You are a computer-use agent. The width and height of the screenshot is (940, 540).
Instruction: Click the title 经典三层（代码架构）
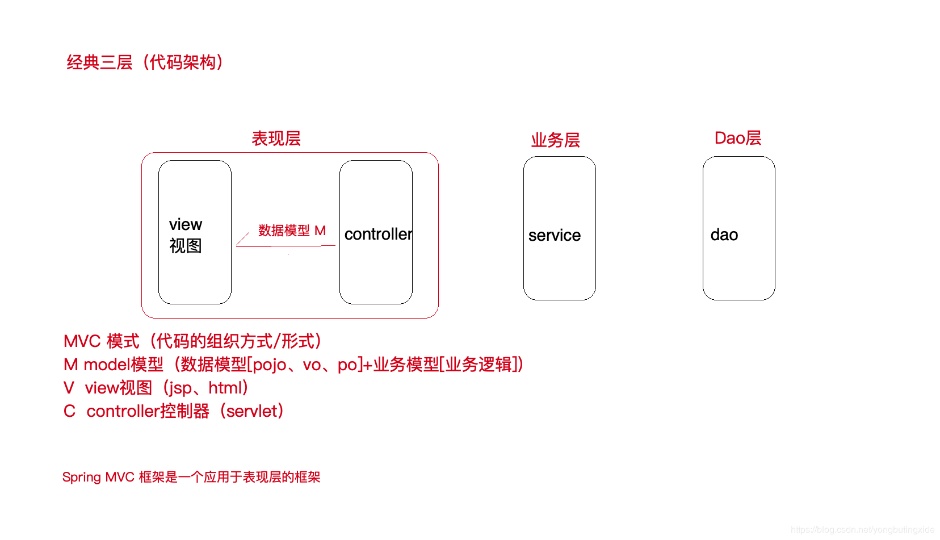click(146, 62)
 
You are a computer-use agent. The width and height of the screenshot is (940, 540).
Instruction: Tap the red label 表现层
click(276, 139)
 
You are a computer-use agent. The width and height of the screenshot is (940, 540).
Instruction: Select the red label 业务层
click(555, 140)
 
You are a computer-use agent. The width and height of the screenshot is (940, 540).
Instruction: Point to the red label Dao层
click(737, 138)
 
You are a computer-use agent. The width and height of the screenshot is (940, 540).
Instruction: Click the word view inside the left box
click(186, 224)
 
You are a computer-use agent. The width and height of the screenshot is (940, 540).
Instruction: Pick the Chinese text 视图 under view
click(186, 246)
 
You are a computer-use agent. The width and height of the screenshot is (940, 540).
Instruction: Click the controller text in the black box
click(377, 234)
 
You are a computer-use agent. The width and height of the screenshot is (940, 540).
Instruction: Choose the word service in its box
click(554, 235)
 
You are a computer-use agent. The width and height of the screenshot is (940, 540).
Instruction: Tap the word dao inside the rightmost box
click(724, 235)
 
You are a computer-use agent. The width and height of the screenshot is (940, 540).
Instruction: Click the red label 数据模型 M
click(292, 231)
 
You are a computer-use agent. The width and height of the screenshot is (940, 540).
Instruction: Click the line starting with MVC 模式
click(193, 341)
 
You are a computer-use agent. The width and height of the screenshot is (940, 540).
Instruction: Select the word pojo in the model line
click(269, 365)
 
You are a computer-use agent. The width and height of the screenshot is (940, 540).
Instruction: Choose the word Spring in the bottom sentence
click(82, 477)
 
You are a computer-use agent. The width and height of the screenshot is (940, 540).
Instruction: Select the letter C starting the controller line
click(69, 411)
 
